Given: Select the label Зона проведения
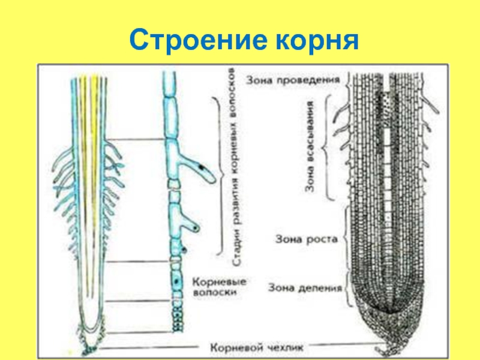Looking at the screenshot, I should pyautogui.click(x=293, y=79).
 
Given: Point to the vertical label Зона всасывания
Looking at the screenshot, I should pyautogui.click(x=310, y=147).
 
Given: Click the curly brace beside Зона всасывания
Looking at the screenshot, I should pyautogui.click(x=328, y=147).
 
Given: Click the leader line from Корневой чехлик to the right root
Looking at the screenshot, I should pyautogui.click(x=348, y=346).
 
